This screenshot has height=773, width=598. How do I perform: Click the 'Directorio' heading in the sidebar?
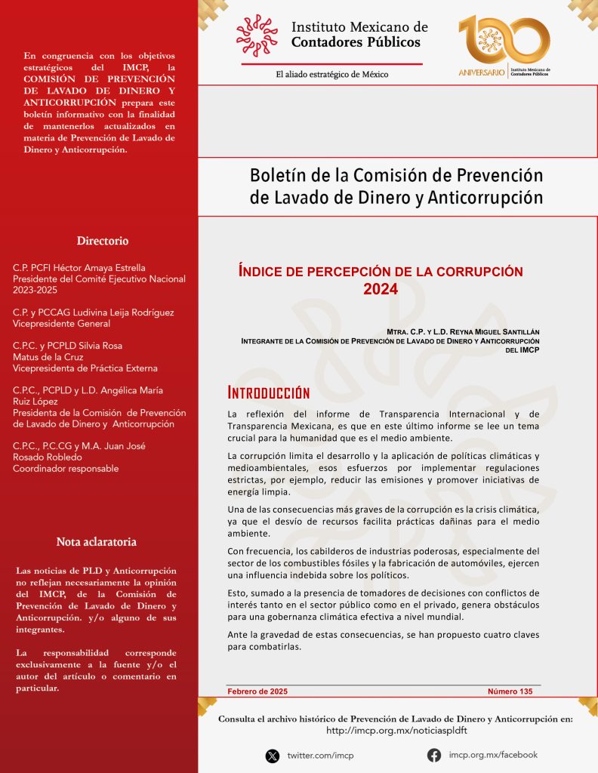point(103,241)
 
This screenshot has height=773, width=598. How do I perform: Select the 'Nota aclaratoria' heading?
point(97,542)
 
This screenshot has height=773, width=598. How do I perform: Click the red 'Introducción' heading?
point(269,393)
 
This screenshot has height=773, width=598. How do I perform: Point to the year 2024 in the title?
point(380,288)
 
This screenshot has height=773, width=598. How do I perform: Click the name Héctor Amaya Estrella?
point(103,268)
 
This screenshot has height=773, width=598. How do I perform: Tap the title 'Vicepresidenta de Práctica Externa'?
point(85,368)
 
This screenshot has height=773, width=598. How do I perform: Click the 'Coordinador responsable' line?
point(66,469)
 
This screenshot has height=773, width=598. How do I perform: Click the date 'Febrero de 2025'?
point(257,691)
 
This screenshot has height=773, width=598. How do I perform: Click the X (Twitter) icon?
point(273,756)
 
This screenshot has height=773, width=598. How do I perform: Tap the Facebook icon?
point(434,755)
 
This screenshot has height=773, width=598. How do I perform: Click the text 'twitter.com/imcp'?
point(320,756)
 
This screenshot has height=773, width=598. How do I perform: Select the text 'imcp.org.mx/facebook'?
point(493,755)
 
